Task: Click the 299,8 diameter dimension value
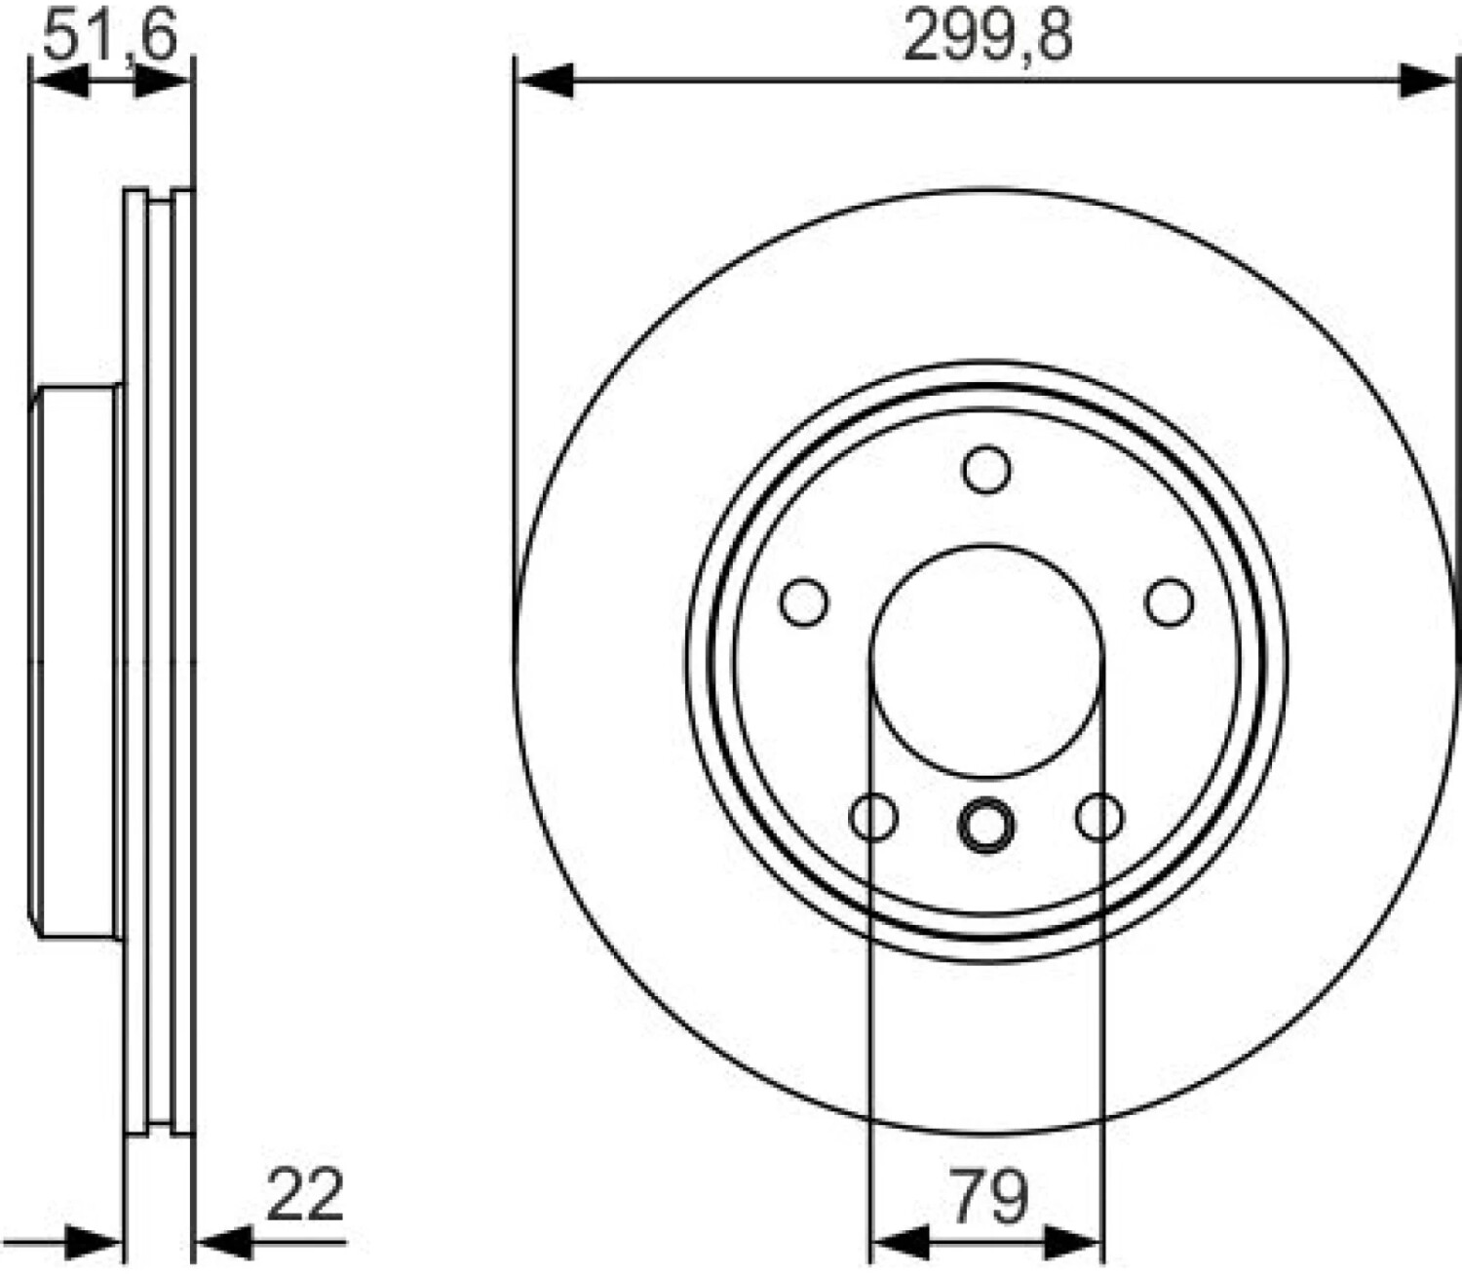coord(987,37)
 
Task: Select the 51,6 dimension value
coord(109,36)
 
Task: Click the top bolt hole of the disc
coord(986,470)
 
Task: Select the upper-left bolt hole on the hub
coord(805,602)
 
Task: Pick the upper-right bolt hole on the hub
coord(1169,602)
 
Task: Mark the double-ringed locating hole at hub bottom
coord(986,825)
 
